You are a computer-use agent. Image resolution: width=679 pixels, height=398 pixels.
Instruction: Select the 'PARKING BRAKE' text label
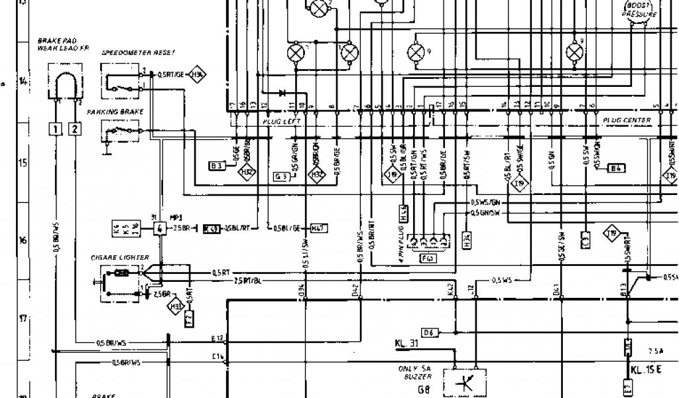tap(123, 112)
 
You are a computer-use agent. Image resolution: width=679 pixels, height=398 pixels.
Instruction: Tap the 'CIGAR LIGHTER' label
tap(120, 257)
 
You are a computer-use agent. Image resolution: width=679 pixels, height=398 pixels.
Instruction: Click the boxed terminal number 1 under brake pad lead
tap(58, 129)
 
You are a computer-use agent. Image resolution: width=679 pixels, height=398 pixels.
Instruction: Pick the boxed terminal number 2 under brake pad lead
tap(75, 129)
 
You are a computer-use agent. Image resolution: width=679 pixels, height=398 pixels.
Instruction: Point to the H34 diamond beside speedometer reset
tap(197, 75)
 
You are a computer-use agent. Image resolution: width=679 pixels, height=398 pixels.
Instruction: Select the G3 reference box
tap(281, 176)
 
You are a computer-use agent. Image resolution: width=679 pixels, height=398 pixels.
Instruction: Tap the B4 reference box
tap(617, 168)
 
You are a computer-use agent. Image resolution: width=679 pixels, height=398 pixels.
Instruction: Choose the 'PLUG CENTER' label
tap(627, 120)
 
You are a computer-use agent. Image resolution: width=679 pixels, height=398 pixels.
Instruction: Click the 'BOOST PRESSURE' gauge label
tap(638, 10)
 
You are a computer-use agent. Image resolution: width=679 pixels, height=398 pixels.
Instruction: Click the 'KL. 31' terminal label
tap(406, 344)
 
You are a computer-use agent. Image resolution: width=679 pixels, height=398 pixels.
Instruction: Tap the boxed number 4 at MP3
tap(160, 229)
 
